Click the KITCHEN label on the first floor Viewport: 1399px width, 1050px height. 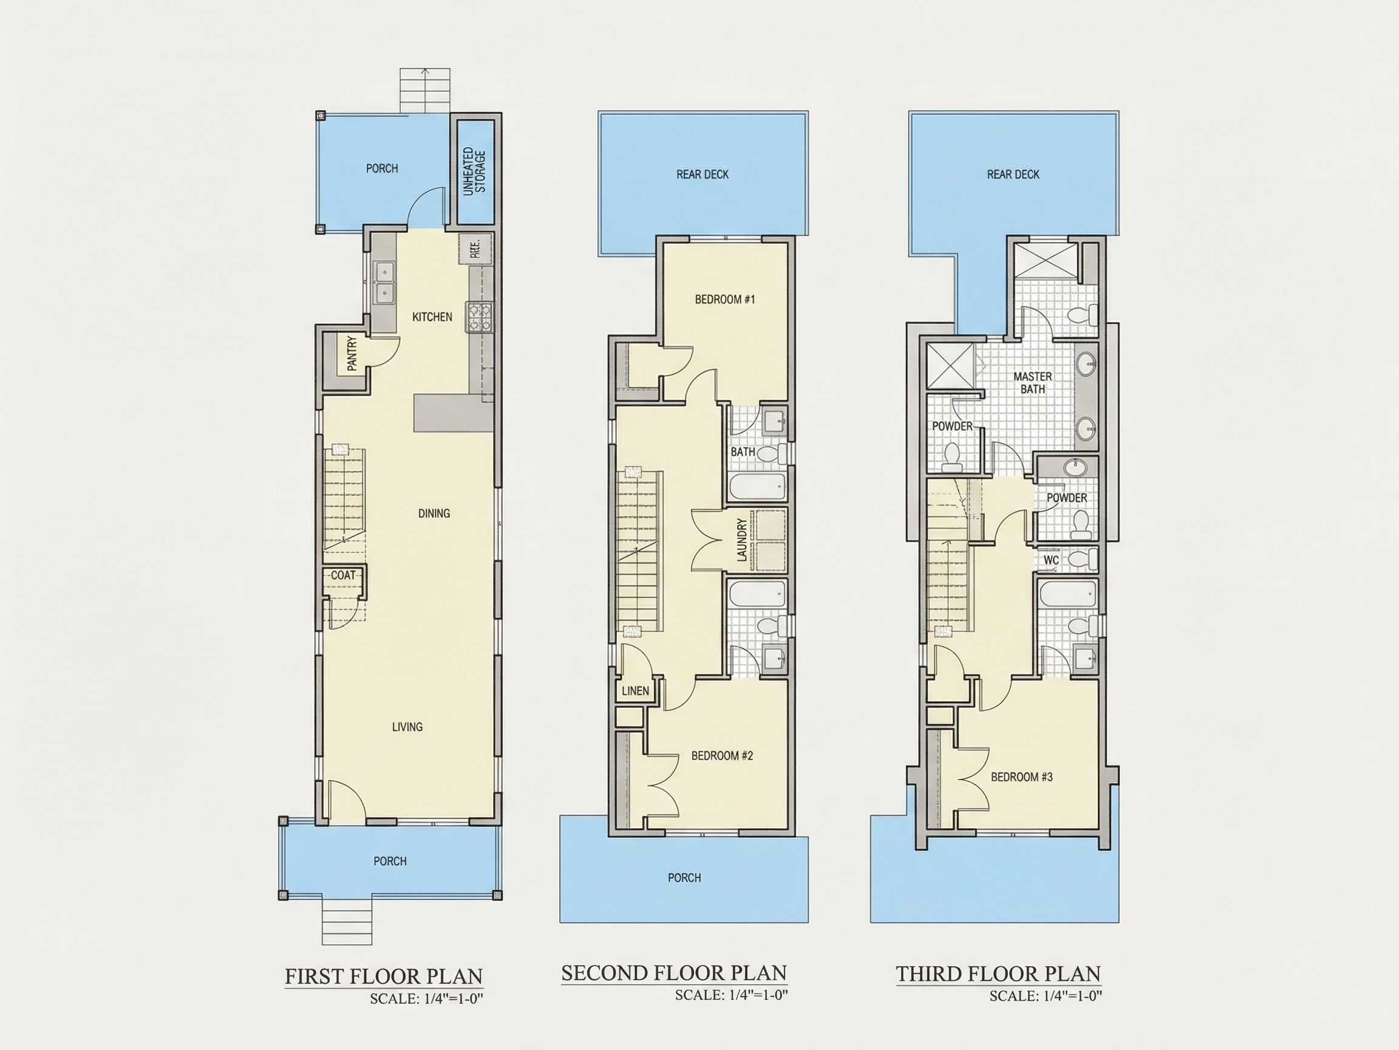[x=432, y=317]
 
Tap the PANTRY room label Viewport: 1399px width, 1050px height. [x=352, y=353]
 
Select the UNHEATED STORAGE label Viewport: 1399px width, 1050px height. [x=474, y=171]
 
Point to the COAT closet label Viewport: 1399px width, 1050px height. [x=344, y=575]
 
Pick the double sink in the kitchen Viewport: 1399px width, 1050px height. [x=384, y=282]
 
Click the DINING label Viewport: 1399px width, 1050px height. [x=434, y=513]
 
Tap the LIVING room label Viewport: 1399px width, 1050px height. [x=407, y=727]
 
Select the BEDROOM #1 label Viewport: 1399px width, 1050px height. [x=725, y=300]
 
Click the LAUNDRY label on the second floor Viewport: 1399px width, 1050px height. [x=743, y=540]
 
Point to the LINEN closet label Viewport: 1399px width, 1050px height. [x=635, y=690]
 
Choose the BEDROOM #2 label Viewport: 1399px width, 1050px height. [x=722, y=756]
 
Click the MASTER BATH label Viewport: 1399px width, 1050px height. [x=1033, y=382]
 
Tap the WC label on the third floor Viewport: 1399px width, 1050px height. [x=1051, y=560]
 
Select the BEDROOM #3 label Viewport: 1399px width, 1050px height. [x=1022, y=777]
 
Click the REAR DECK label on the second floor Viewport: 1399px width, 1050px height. [x=703, y=174]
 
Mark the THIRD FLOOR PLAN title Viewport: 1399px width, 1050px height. [x=999, y=973]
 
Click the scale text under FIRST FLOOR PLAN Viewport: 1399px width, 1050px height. [x=427, y=1000]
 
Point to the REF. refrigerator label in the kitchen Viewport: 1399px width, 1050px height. [x=475, y=248]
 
